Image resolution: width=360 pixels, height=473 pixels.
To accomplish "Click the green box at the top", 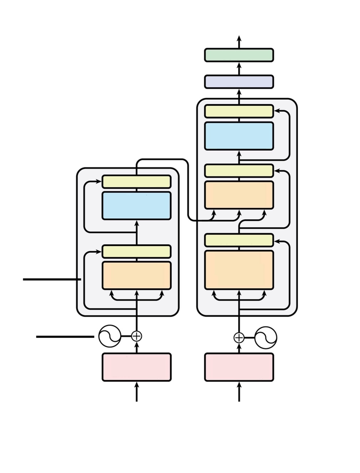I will click(x=239, y=55).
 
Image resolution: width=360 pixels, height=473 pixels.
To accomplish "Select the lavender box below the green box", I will click(x=239, y=82).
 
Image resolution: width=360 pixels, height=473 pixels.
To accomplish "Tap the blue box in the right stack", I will click(x=239, y=136).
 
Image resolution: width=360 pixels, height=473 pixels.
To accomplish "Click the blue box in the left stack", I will click(x=137, y=206).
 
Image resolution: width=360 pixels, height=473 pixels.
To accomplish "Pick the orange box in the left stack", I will click(x=137, y=275).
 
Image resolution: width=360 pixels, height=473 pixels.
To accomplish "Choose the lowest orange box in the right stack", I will click(x=239, y=270).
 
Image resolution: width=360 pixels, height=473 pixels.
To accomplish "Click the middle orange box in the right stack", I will click(x=239, y=195).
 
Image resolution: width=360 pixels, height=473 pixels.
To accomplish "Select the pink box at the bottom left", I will click(x=137, y=367).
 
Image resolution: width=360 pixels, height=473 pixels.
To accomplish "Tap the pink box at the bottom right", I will click(x=239, y=367).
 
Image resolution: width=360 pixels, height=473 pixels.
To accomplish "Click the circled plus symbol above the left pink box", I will click(x=137, y=336).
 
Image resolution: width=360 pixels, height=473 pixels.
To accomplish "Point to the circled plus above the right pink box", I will click(x=239, y=338).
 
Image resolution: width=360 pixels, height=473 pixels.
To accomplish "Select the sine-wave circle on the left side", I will click(x=110, y=336).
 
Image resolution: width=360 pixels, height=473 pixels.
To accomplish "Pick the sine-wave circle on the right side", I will click(x=266, y=338).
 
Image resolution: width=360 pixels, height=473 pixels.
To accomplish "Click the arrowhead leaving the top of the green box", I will click(x=239, y=38).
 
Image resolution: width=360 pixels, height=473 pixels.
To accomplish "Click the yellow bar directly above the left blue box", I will click(x=137, y=182).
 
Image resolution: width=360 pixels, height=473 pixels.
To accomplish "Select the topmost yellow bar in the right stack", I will click(x=239, y=111).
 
